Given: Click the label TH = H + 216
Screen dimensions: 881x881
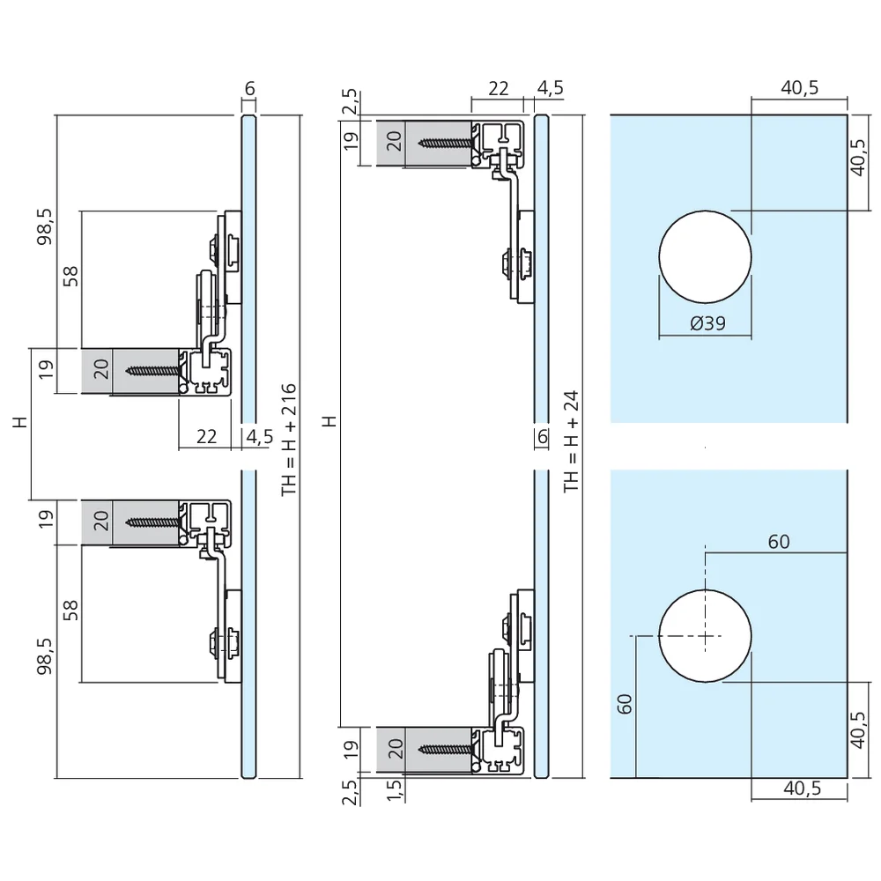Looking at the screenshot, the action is (x=289, y=440).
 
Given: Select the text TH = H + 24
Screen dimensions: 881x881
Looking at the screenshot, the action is (x=571, y=441).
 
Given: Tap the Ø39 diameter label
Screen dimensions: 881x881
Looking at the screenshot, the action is (x=707, y=323).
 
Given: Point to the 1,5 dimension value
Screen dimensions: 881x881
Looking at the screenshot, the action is (x=395, y=790).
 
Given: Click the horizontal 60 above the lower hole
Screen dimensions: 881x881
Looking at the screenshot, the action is (x=779, y=542).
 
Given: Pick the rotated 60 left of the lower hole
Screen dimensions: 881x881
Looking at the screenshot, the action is (x=625, y=704).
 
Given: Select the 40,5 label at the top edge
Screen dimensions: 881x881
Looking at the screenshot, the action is (x=800, y=87).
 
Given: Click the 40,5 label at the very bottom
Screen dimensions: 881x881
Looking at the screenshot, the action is (x=803, y=788).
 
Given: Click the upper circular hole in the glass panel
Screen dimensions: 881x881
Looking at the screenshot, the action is (x=705, y=257).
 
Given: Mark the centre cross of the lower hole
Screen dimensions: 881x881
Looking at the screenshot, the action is (x=705, y=636).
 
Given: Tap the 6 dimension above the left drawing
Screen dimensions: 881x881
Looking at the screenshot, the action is (x=250, y=88).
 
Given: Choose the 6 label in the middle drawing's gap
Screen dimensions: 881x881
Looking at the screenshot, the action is (x=542, y=437).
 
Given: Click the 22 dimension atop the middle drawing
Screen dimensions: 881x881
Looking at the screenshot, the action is (x=499, y=88).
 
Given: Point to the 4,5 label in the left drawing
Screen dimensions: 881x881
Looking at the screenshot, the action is (x=260, y=437).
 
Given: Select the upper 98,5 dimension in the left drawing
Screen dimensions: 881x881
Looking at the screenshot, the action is (x=44, y=226).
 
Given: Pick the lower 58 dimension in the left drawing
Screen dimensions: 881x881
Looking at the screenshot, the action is (x=70, y=611).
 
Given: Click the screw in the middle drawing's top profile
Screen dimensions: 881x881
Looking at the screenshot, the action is (x=446, y=143).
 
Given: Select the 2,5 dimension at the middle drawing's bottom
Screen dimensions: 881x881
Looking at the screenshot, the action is (x=350, y=792).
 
